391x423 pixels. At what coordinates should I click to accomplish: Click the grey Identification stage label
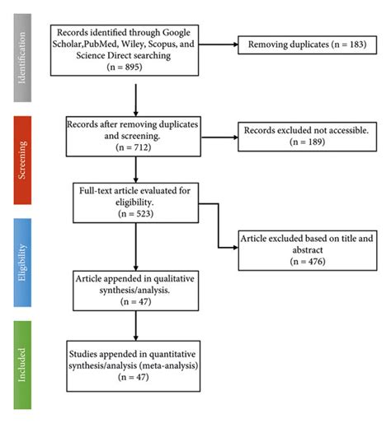pyautogui.click(x=22, y=58)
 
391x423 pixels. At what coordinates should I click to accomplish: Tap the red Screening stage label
pyautogui.click(x=22, y=160)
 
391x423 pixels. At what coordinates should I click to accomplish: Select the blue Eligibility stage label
pyautogui.click(x=22, y=263)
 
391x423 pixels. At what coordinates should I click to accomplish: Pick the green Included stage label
pyautogui.click(x=22, y=365)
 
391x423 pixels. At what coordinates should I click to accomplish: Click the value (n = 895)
pyautogui.click(x=125, y=67)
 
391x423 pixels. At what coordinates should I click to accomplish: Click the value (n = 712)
pyautogui.click(x=134, y=147)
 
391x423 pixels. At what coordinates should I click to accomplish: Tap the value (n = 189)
pyautogui.click(x=308, y=142)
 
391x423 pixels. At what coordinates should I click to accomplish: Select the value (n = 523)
pyautogui.click(x=135, y=214)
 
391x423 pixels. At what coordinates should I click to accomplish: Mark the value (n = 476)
pyautogui.click(x=308, y=261)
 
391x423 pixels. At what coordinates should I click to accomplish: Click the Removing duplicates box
pyautogui.click(x=307, y=44)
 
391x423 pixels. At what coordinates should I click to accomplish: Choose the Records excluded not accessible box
pyautogui.click(x=307, y=137)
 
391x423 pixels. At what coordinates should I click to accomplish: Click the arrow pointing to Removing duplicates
pyautogui.click(x=218, y=44)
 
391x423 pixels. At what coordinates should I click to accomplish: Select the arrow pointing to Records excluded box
pyautogui.click(x=219, y=137)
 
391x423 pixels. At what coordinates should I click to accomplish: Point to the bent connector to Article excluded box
pyautogui.click(x=219, y=225)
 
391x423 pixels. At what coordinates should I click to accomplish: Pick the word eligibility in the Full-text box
pyautogui.click(x=134, y=202)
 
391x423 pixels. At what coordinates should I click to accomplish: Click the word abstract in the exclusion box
pyautogui.click(x=308, y=250)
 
